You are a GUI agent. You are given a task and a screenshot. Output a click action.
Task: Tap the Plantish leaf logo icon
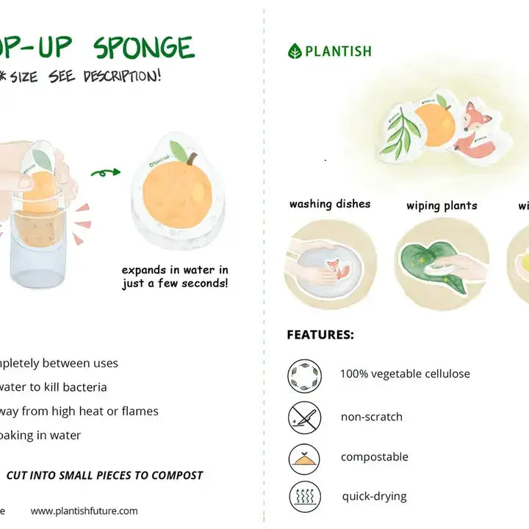(x=295, y=51)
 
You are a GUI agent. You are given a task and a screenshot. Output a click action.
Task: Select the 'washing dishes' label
(x=330, y=204)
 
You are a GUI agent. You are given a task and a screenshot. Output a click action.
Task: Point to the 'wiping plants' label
(x=442, y=206)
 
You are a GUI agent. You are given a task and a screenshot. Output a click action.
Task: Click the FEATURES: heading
(x=320, y=335)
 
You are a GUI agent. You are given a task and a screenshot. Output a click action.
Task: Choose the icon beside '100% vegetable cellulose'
(x=304, y=375)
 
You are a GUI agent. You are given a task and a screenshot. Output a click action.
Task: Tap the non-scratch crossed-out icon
(x=304, y=417)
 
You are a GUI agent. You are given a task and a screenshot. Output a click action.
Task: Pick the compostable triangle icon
(x=304, y=458)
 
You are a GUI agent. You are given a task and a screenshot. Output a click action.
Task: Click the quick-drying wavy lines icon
(x=304, y=497)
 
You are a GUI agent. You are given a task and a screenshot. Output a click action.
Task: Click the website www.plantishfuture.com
(x=84, y=511)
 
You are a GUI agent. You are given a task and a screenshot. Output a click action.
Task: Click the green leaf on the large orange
(x=179, y=152)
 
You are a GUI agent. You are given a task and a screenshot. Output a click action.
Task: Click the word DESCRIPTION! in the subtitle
(x=121, y=76)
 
